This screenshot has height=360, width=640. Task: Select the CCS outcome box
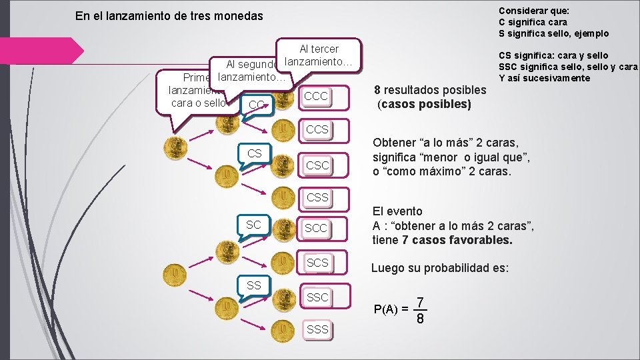click(317, 129)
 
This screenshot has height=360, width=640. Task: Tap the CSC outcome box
click(317, 165)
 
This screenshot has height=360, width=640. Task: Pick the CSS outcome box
click(317, 197)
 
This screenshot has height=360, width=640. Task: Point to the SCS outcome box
click(317, 263)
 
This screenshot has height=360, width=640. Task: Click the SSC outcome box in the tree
click(317, 297)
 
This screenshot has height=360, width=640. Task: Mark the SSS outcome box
click(317, 329)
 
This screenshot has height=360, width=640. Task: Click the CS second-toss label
click(255, 154)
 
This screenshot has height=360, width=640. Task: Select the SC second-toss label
click(254, 225)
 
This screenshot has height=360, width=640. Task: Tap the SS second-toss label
click(254, 285)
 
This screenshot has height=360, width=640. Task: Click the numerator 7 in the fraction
click(420, 302)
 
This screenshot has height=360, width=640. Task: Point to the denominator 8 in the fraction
click(420, 319)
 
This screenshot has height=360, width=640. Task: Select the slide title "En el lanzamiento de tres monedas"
click(169, 16)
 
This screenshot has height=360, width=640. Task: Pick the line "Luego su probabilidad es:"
click(440, 269)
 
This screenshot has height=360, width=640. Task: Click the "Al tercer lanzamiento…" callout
click(319, 55)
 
